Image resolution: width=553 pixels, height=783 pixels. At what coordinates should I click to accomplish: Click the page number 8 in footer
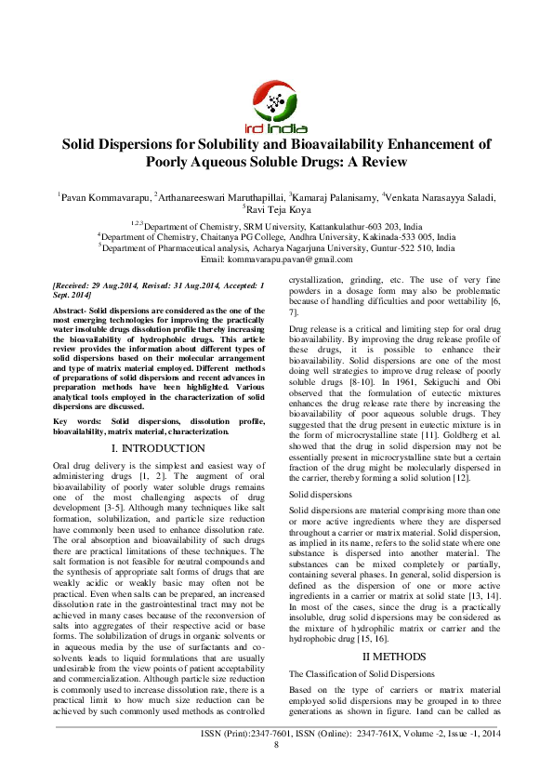pyautogui.click(x=276, y=770)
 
